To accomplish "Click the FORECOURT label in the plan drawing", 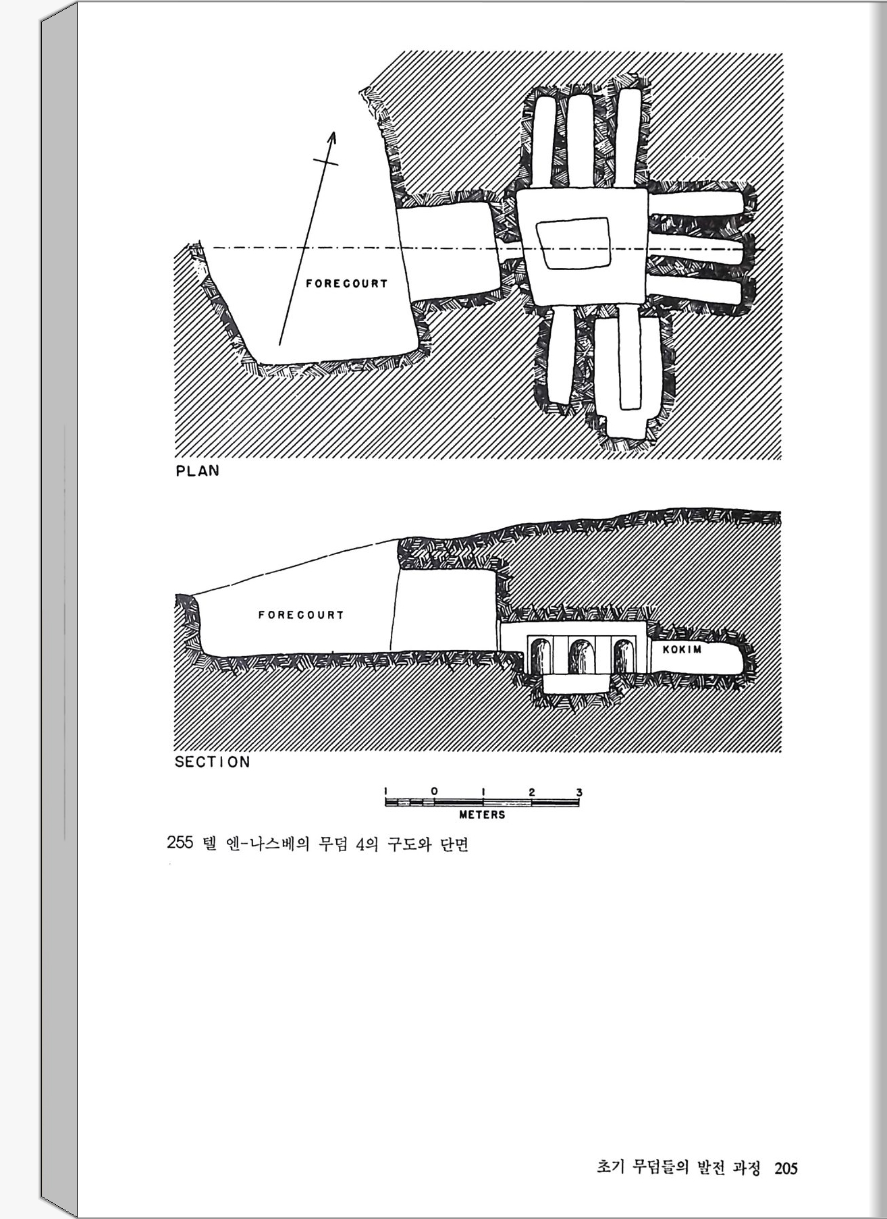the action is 346,283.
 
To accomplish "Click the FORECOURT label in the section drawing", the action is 301,615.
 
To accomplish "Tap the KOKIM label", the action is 682,649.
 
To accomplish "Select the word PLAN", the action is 197,471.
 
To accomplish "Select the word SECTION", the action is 212,762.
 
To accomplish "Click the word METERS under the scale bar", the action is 482,815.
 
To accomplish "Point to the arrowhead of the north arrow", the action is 331,136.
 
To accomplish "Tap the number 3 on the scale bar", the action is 579,792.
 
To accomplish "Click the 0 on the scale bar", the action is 434,790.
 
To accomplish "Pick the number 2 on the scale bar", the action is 532,791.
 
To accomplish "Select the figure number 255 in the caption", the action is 180,843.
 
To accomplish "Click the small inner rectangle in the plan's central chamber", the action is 574,244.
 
